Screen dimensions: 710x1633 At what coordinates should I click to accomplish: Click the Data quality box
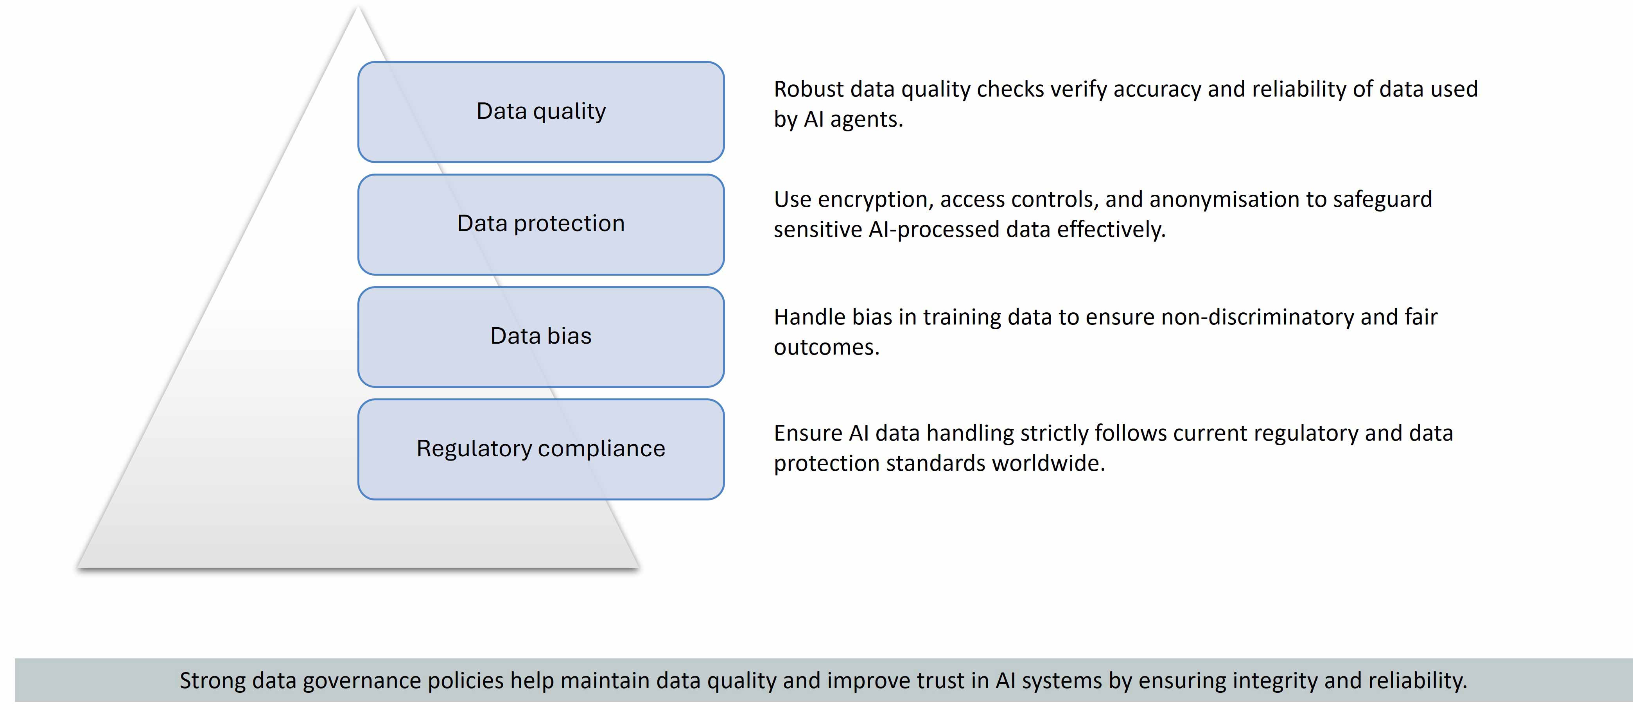point(541,111)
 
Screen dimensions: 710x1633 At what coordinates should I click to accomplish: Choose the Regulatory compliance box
point(541,449)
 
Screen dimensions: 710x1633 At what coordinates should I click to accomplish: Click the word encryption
point(875,200)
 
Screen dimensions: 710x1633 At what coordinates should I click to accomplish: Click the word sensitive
point(817,229)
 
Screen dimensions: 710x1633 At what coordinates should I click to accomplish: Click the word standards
point(936,463)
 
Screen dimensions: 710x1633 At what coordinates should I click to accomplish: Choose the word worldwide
point(1048,463)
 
